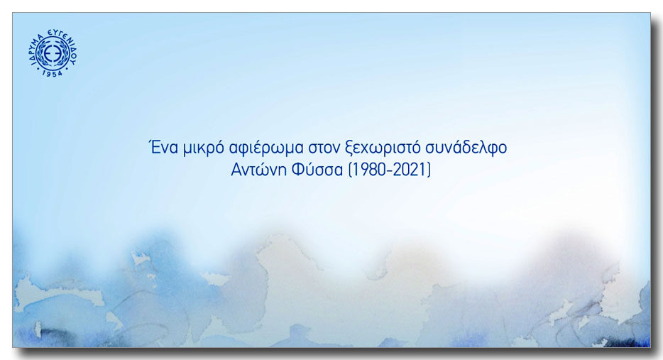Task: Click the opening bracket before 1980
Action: [x=349, y=170]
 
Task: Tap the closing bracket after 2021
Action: [x=429, y=170]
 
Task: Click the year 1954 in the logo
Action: [x=53, y=73]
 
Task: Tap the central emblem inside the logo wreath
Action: [x=53, y=53]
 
